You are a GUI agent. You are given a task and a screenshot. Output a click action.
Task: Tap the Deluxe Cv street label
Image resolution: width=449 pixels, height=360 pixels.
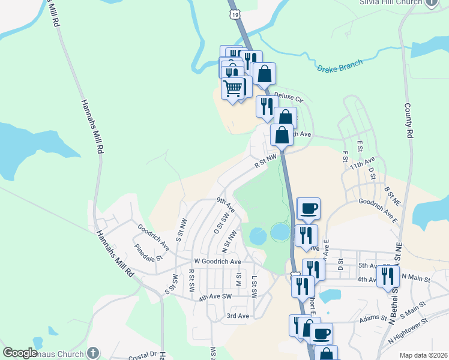(289, 97)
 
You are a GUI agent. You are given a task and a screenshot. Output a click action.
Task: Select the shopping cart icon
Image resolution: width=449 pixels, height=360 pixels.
(233, 89)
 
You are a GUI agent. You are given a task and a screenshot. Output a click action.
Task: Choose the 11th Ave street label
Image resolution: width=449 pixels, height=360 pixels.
(362, 163)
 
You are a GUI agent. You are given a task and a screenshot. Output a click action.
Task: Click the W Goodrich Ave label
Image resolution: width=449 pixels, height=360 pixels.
(217, 262)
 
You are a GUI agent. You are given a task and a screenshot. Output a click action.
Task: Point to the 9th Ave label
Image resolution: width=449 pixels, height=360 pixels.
(226, 204)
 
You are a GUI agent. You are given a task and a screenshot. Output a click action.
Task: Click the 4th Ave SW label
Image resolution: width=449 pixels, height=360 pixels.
(215, 296)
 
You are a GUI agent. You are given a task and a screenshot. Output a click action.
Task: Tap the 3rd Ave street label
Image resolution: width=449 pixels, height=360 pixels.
(238, 316)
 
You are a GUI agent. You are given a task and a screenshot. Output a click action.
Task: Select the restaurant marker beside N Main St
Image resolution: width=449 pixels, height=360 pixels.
(388, 277)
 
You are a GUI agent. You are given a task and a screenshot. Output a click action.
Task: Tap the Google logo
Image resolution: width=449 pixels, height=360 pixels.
(20, 353)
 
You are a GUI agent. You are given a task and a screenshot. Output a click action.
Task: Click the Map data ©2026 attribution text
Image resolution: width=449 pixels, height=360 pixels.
(423, 355)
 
